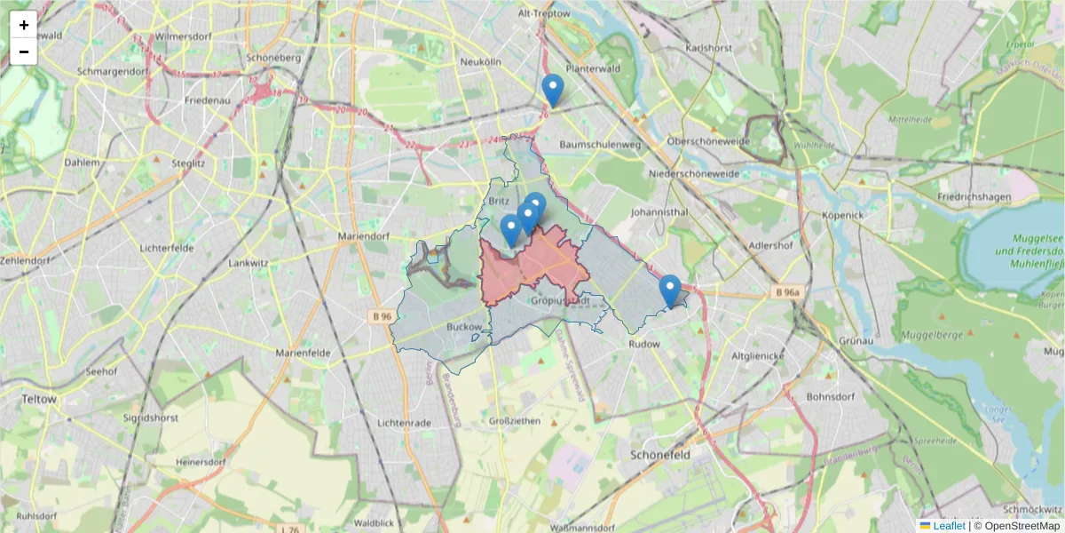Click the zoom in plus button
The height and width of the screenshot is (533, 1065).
(x=24, y=25)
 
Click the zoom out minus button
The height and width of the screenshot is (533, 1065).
(x=24, y=52)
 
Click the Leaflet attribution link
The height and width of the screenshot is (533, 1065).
(x=949, y=526)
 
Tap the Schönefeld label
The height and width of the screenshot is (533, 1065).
(x=660, y=454)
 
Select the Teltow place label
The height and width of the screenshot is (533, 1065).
(x=39, y=400)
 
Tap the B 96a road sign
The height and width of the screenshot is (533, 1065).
(x=785, y=291)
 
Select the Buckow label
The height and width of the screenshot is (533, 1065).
(x=464, y=327)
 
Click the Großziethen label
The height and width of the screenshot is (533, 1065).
(x=515, y=421)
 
